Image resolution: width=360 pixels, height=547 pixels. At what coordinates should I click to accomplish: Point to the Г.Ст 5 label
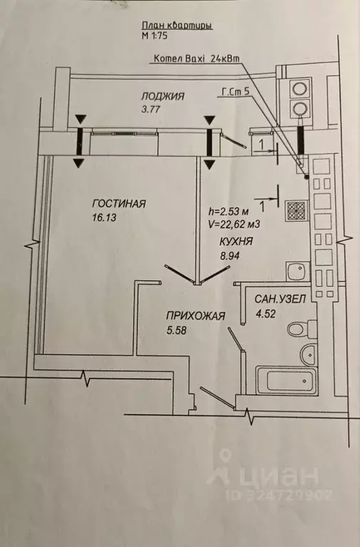point(235,91)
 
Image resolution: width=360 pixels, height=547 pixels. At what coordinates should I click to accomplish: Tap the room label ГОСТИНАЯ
point(119,203)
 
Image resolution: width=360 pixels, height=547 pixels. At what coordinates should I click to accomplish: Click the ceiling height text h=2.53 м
point(228,211)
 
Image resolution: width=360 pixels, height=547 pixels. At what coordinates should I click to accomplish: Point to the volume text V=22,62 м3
point(234,224)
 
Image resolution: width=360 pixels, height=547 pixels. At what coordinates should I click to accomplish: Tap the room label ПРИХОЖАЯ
point(196,316)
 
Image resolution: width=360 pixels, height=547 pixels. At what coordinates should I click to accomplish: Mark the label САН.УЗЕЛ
point(280,300)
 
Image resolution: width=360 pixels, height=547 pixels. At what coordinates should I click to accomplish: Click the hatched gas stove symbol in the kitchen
point(296,210)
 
